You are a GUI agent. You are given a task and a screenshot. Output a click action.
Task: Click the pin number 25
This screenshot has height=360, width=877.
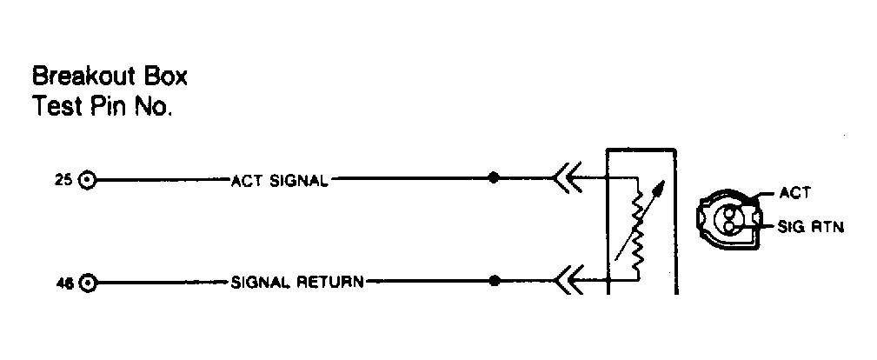63,181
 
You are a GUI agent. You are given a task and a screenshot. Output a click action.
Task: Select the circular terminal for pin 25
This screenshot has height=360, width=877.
87,180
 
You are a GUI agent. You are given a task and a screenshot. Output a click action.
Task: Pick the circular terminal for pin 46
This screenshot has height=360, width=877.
87,283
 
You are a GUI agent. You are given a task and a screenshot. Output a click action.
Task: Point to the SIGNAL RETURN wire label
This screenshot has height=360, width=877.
297,282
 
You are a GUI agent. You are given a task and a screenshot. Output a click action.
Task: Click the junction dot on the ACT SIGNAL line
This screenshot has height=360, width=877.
494,178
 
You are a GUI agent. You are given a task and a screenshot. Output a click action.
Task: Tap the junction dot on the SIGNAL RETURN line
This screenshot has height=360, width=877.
495,281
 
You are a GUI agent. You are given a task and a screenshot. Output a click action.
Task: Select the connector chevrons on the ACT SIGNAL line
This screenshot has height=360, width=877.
568,178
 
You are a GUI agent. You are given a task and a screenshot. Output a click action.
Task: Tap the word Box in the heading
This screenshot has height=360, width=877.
165,77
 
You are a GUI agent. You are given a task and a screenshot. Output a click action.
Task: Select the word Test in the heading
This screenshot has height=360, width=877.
54,106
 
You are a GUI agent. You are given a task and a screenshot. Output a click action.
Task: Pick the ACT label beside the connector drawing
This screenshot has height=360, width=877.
794,193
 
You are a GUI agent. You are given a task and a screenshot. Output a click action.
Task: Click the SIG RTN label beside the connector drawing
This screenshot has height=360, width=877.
810,227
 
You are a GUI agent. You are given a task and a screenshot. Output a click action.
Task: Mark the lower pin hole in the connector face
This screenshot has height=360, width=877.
728,225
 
